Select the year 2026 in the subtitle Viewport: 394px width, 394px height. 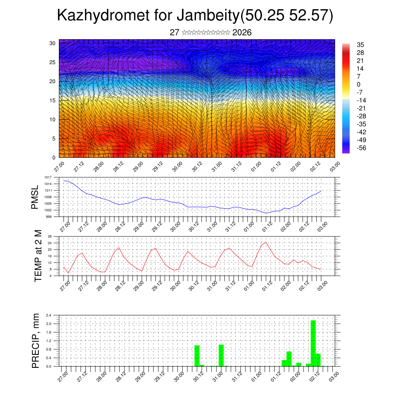click(242, 33)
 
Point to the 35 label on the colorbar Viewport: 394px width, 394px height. click(361, 45)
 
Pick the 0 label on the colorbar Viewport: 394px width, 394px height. click(359, 84)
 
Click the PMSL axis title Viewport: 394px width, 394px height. click(35, 197)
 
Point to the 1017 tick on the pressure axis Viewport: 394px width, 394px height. click(48, 177)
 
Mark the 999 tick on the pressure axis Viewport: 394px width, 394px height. click(49, 217)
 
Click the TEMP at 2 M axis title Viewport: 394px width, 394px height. click(38, 255)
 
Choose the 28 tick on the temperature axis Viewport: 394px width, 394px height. click(50, 236)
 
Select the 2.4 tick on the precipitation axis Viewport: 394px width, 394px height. click(49, 315)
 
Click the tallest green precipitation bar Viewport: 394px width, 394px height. click(313, 343)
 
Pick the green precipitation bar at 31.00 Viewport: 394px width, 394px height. click(221, 356)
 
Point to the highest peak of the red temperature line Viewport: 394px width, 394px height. click(266, 242)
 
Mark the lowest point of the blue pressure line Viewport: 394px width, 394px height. click(266, 213)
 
